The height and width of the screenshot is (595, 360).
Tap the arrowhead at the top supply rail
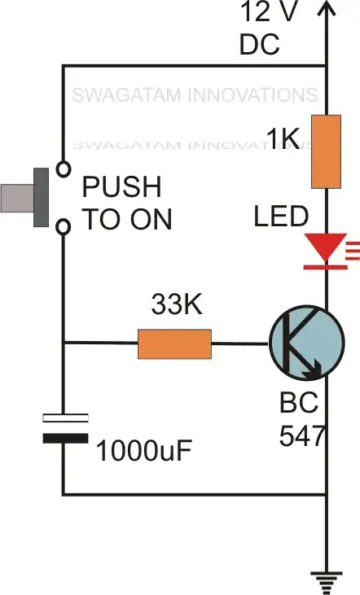(x=326, y=10)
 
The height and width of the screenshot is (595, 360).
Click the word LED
(x=282, y=217)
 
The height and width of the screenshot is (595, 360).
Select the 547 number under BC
(x=302, y=436)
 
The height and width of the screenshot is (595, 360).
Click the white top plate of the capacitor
(x=64, y=419)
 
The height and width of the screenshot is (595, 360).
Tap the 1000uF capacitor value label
(x=147, y=448)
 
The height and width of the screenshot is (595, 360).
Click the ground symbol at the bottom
(x=326, y=580)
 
